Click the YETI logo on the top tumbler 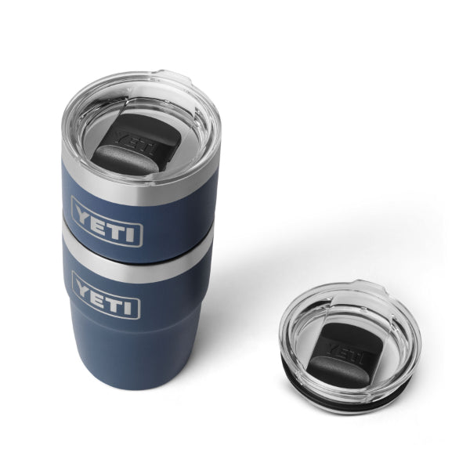pos(107,222)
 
